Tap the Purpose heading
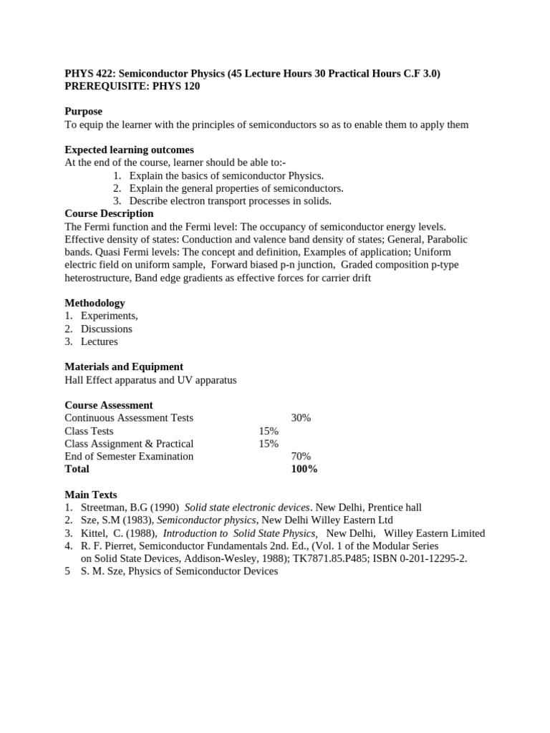83,112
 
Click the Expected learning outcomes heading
129,150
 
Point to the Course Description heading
109,213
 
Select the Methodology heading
95,303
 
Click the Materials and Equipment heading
124,366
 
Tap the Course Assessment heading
108,405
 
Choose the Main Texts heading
91,495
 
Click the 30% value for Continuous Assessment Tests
301,418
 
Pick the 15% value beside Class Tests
269,431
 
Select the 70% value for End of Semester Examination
301,456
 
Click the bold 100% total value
304,469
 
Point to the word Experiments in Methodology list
109,316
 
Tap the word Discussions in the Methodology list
107,329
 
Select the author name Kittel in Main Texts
95,533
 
